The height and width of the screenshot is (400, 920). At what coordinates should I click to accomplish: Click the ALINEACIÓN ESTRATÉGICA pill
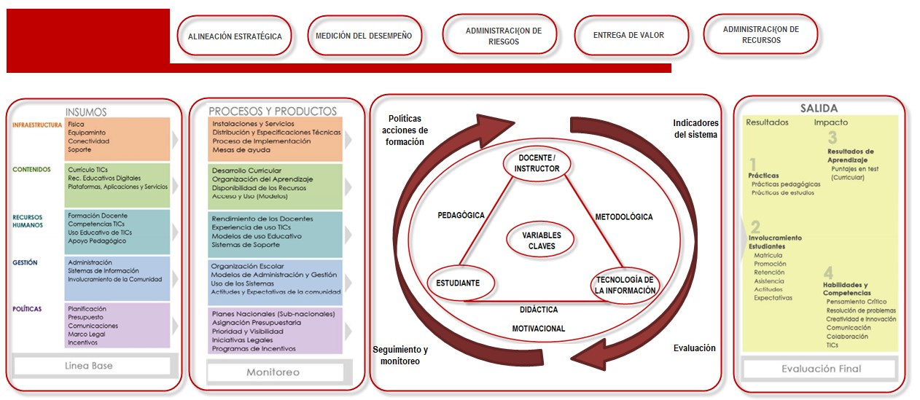click(x=235, y=36)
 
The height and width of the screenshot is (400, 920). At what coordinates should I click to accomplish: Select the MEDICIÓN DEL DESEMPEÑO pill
click(x=364, y=36)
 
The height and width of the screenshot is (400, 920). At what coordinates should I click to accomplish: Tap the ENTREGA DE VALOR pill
click(x=629, y=36)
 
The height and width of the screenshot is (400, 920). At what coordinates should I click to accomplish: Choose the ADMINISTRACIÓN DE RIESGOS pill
click(x=504, y=36)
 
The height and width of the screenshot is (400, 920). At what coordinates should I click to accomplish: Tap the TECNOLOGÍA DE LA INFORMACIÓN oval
click(x=625, y=285)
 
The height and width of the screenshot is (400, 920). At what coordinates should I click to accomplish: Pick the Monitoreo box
click(x=274, y=372)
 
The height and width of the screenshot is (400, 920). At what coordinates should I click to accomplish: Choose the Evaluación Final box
click(x=821, y=369)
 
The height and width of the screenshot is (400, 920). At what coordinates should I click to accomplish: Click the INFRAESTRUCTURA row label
click(x=37, y=125)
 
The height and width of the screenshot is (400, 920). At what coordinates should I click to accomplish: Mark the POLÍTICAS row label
click(x=27, y=309)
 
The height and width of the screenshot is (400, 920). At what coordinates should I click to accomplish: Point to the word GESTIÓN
click(x=25, y=262)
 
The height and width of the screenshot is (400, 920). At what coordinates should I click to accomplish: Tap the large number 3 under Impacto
click(x=832, y=138)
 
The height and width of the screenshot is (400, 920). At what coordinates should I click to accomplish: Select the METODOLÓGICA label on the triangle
click(x=624, y=216)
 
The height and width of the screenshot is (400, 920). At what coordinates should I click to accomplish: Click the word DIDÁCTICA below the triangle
click(x=539, y=310)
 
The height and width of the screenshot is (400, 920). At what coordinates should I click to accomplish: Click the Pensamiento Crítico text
click(x=857, y=302)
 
